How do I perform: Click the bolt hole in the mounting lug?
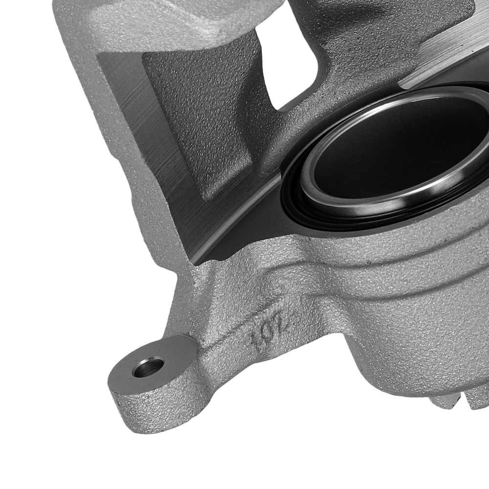[x=148, y=367]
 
